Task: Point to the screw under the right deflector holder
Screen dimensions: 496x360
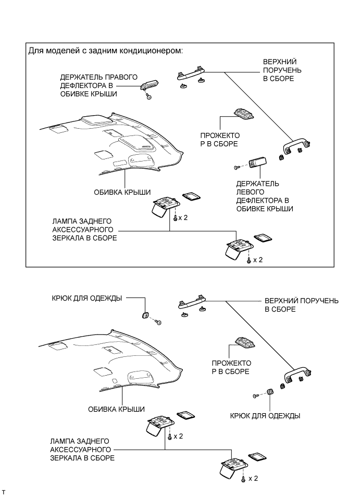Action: click(148, 97)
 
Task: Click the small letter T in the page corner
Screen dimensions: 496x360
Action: click(4, 491)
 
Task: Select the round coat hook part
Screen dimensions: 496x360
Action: click(146, 315)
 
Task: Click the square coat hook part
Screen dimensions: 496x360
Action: click(270, 392)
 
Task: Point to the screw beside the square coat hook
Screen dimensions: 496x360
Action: click(255, 396)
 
